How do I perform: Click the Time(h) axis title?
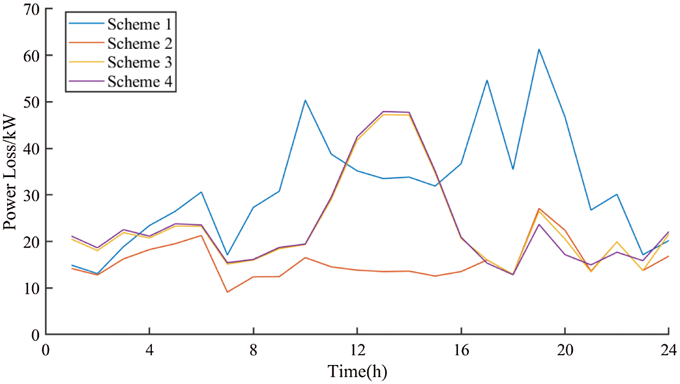[357, 372]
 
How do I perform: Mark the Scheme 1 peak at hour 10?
[305, 100]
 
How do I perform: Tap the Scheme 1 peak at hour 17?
[487, 80]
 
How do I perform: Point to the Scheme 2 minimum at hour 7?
[227, 292]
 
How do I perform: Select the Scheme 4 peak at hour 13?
[383, 111]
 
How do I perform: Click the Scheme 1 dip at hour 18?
[512, 169]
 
